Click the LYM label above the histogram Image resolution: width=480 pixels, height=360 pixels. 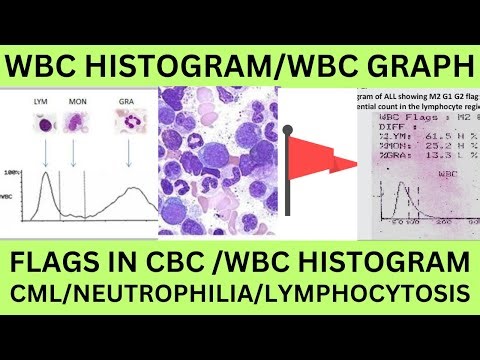[x=42, y=102]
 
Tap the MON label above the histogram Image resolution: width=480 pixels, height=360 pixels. [x=76, y=102]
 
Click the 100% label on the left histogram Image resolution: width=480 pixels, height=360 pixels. [x=14, y=172]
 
